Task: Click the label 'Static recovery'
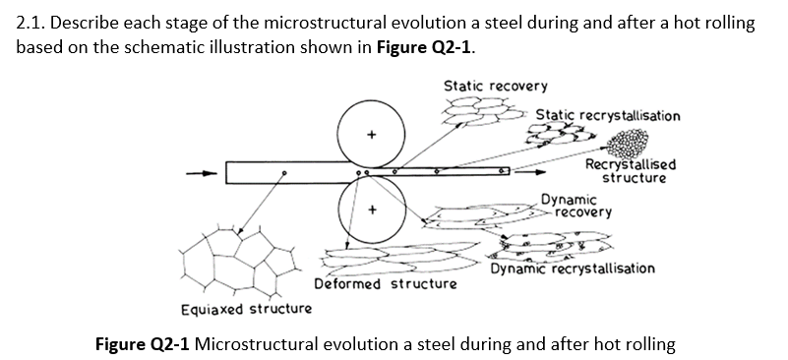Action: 496,87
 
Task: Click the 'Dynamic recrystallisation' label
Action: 574,268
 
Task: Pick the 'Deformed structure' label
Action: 386,284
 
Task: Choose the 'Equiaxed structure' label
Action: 247,309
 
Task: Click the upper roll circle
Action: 371,133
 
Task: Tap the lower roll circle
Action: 371,210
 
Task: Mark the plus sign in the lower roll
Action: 371,210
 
